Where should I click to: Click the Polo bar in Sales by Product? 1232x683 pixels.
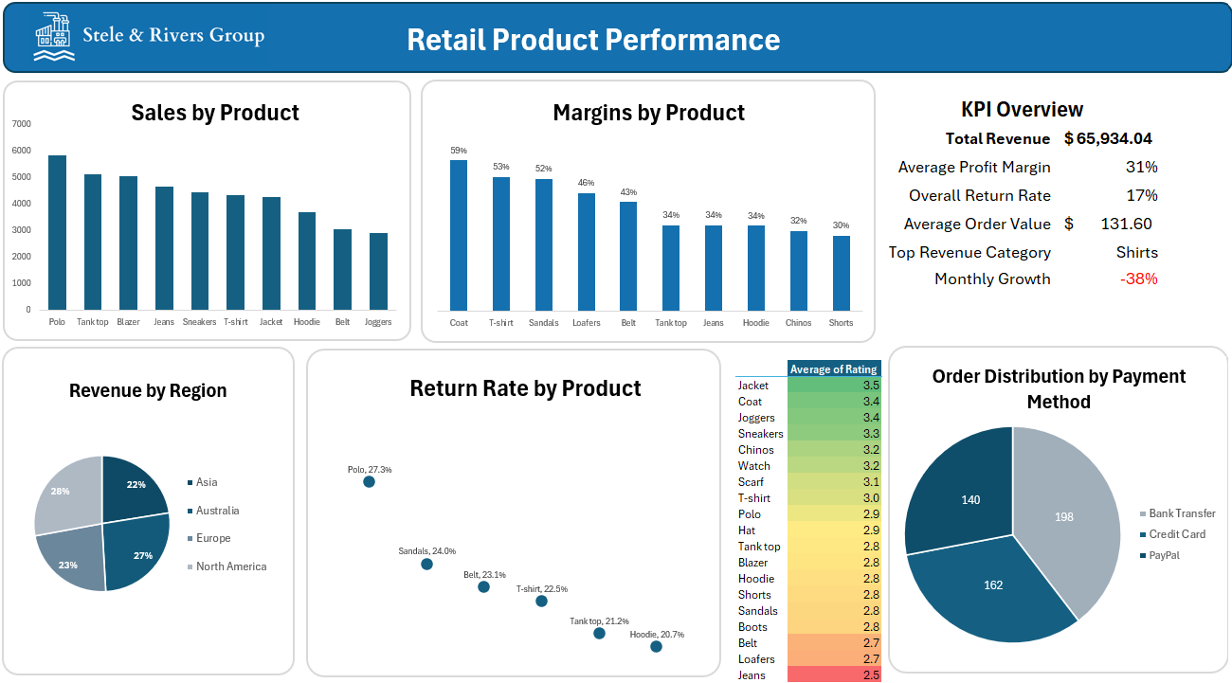coord(57,233)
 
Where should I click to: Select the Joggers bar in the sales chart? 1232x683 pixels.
coord(378,272)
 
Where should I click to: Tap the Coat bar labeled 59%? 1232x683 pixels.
coord(459,235)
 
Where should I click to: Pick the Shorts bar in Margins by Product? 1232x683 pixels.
coord(841,273)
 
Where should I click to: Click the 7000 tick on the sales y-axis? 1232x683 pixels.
coord(21,124)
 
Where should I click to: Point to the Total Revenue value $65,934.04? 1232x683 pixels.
coord(1108,138)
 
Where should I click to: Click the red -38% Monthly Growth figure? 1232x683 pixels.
coord(1138,279)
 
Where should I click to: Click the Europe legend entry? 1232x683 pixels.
coord(213,538)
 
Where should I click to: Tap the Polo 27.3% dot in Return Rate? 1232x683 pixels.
coord(369,482)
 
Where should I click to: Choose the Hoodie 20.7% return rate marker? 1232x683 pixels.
coord(656,646)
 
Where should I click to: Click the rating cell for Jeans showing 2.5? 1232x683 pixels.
coord(834,674)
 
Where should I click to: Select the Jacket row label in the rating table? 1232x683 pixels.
coord(753,386)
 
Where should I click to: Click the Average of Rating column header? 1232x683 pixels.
coord(834,369)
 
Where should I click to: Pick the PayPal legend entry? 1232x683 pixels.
coord(1164,555)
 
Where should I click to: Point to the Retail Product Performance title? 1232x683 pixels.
coord(593,40)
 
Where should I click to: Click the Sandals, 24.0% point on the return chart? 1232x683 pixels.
coord(426,564)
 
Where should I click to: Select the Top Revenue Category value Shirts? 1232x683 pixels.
coord(1136,252)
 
